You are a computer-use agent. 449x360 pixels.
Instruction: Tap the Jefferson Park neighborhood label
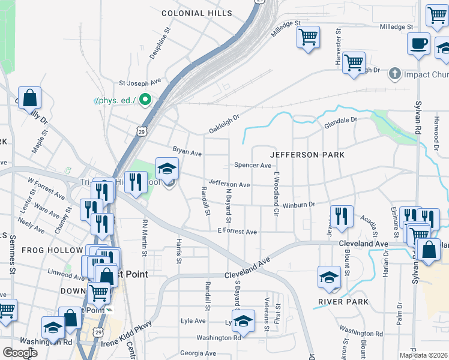click(307, 155)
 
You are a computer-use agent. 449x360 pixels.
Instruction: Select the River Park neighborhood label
click(344, 302)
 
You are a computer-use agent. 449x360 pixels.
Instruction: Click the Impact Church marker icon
click(394, 74)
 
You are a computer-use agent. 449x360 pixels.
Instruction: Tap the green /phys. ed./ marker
click(144, 100)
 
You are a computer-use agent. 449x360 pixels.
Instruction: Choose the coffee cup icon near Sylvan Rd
click(418, 44)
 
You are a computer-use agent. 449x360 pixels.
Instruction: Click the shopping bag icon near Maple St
click(29, 98)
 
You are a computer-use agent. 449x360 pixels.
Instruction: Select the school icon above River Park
click(329, 277)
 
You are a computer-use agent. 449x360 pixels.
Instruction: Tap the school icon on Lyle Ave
click(244, 320)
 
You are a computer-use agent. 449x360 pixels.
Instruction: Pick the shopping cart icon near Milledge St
click(308, 37)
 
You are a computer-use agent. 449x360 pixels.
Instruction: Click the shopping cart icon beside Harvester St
click(354, 62)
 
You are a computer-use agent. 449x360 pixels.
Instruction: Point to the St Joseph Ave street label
click(140, 82)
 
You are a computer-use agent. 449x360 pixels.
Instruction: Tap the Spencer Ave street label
click(252, 165)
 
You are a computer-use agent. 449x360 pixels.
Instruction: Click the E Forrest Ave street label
click(237, 232)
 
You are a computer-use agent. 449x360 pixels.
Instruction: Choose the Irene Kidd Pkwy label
click(125, 334)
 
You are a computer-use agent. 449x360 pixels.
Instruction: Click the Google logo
click(20, 353)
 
